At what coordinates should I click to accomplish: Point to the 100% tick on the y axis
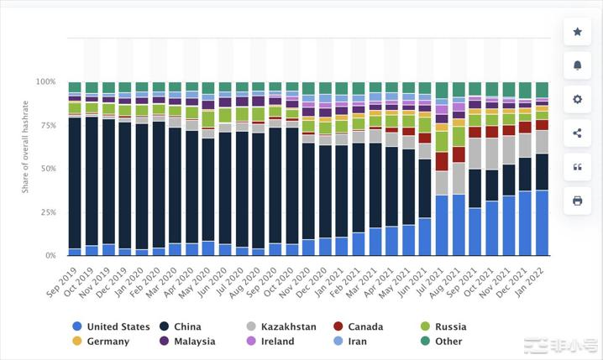point(45,82)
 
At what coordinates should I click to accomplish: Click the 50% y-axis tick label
point(48,169)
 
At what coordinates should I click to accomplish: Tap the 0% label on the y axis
point(50,255)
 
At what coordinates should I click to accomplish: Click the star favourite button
point(577,32)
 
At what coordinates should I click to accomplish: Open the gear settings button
point(577,99)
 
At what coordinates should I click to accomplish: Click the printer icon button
point(577,201)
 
